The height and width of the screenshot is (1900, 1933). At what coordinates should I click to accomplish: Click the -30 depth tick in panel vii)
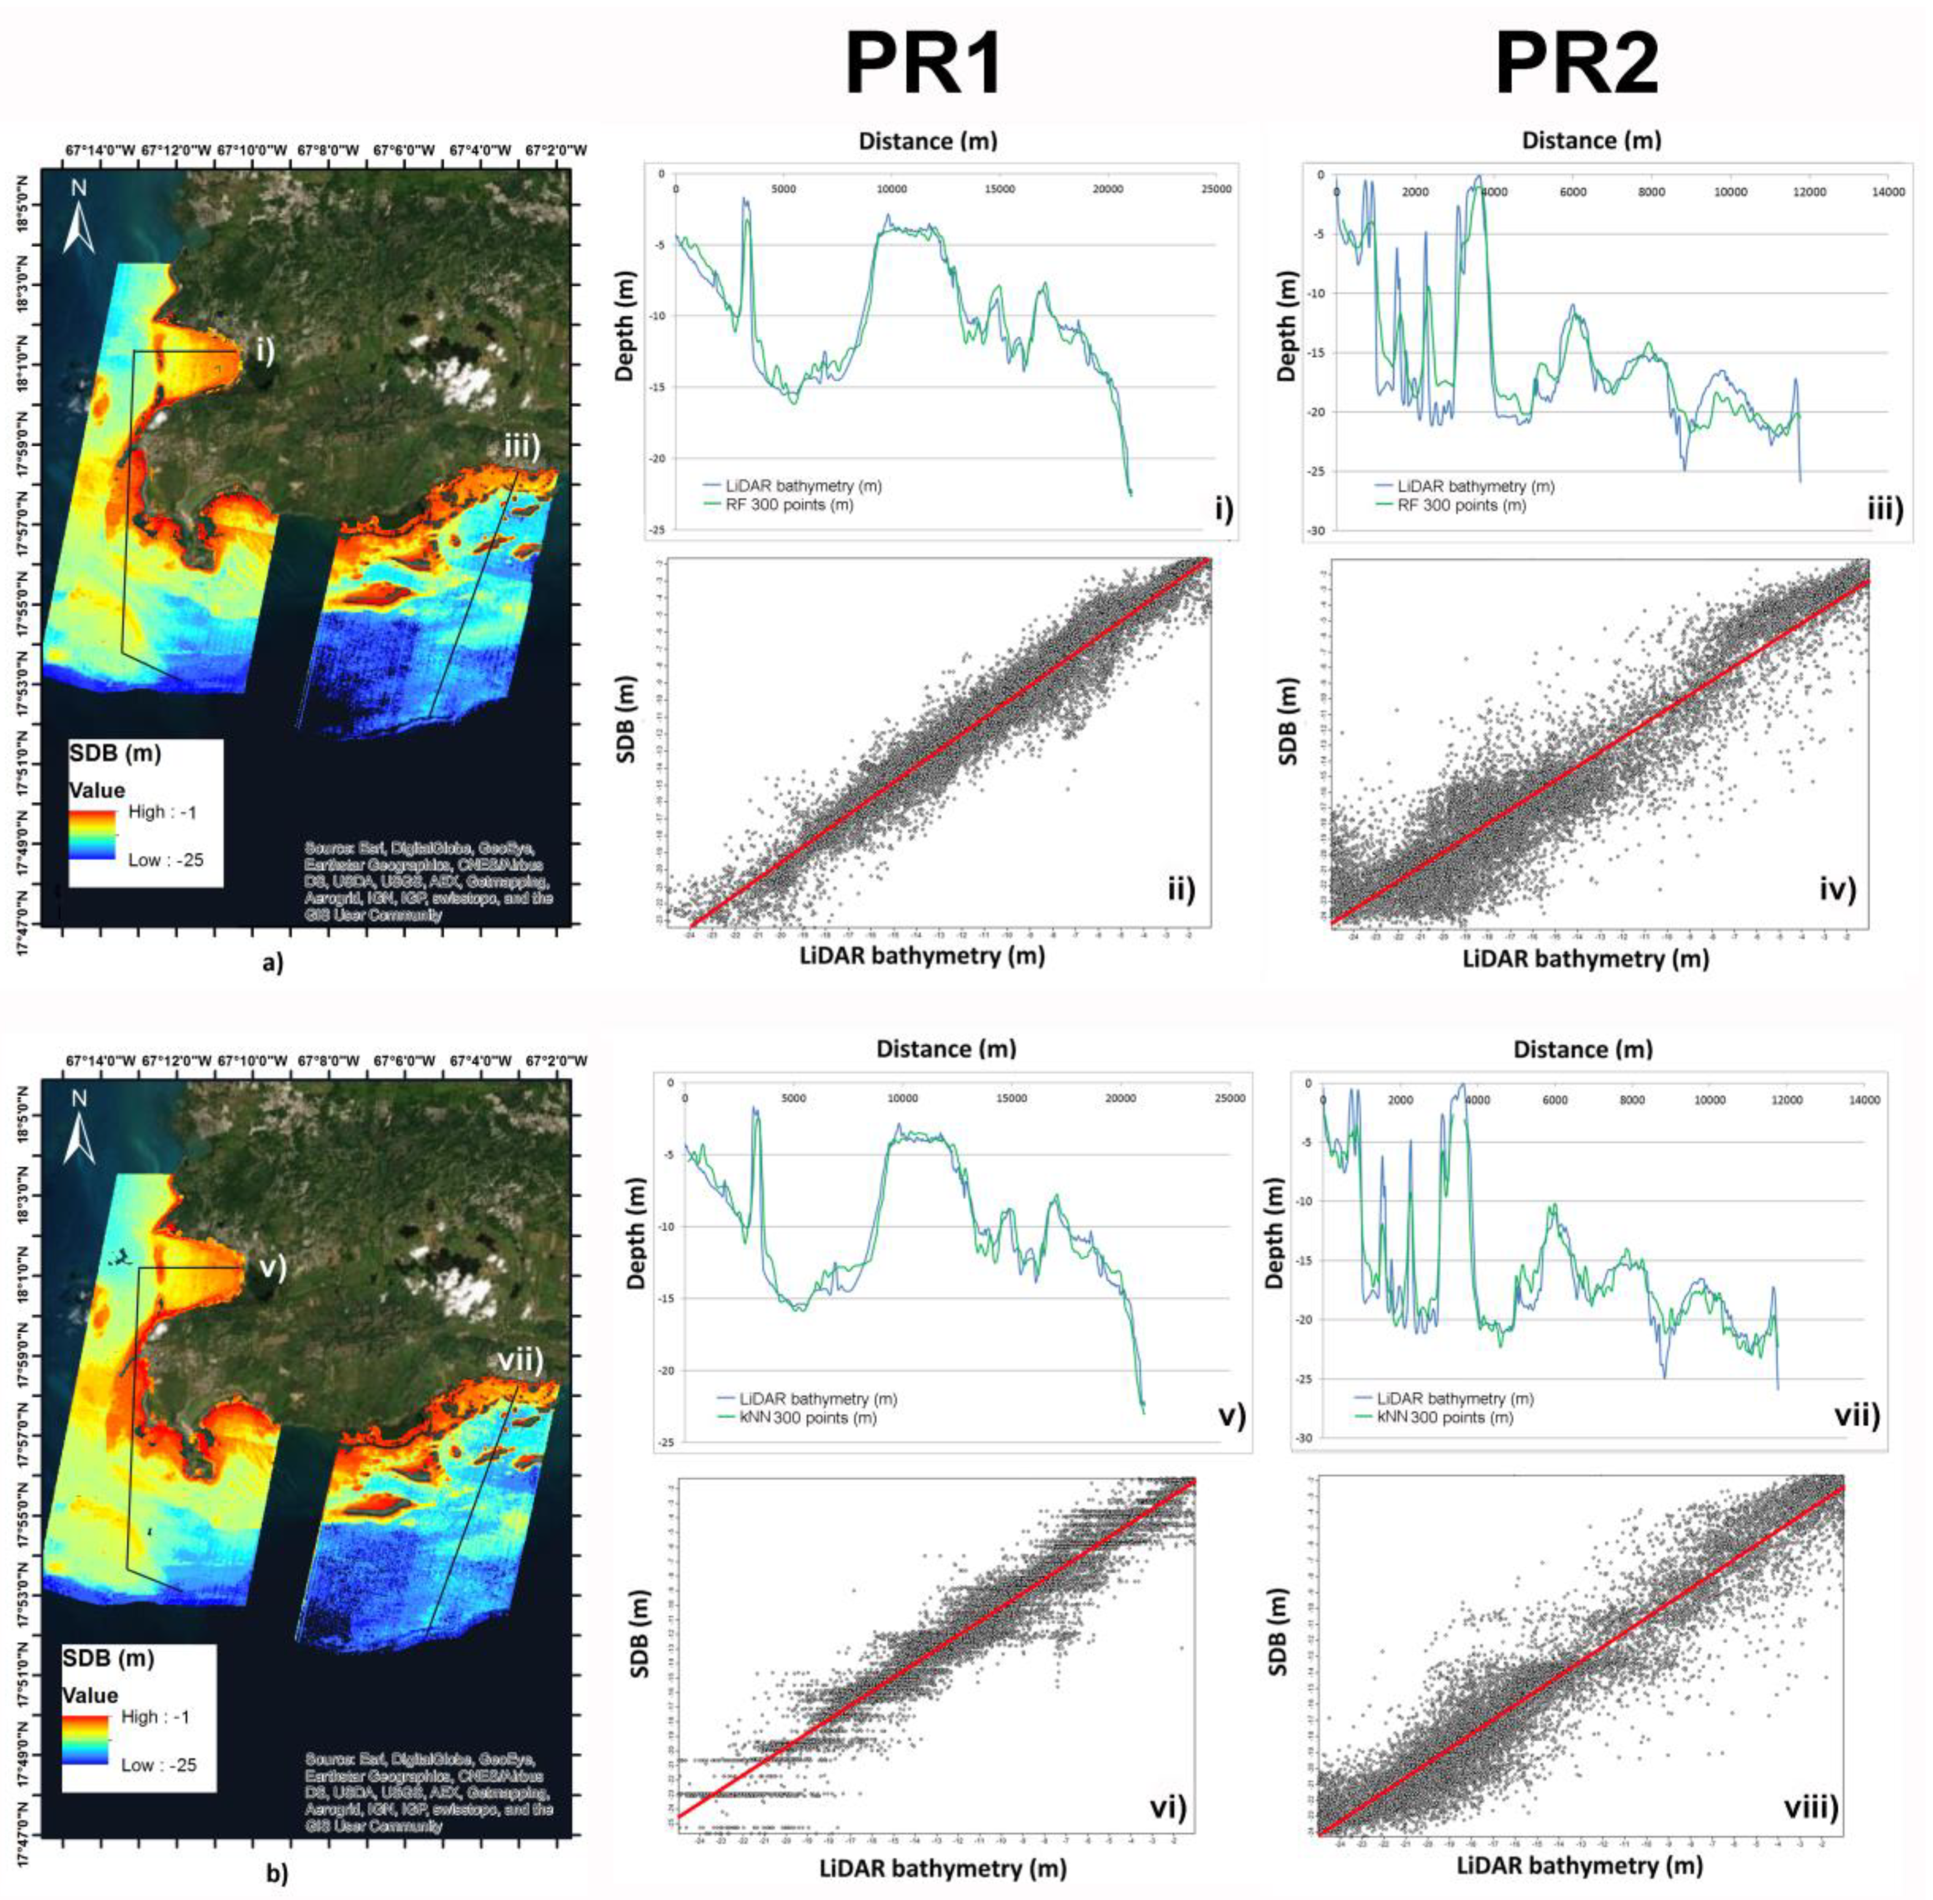pyautogui.click(x=1304, y=1438)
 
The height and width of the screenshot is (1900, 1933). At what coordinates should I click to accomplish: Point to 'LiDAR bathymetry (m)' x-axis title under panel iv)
pyautogui.click(x=1585, y=959)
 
